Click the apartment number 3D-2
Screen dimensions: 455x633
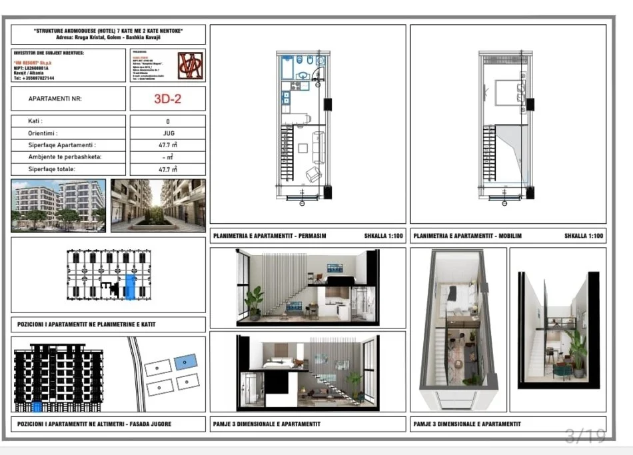click(167, 99)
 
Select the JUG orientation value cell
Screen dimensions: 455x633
click(167, 133)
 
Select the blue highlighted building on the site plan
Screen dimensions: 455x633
click(186, 362)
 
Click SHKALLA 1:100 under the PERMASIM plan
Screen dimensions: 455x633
click(383, 236)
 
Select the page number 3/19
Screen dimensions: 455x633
click(584, 436)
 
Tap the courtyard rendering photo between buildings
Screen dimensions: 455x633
click(158, 205)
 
